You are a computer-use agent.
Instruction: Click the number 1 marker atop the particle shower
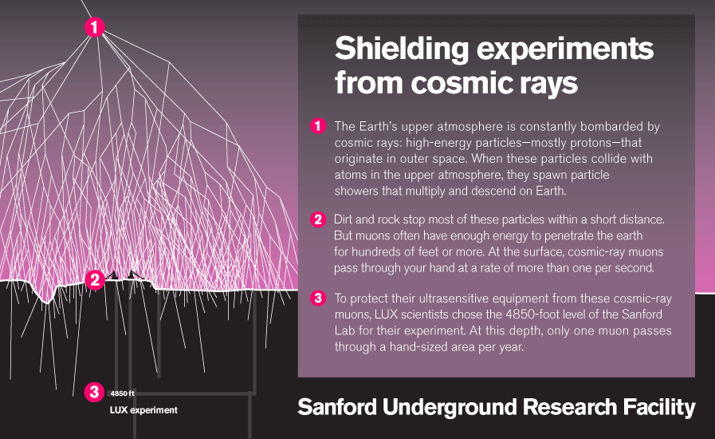coord(94,27)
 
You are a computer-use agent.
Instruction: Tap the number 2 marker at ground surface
coord(95,279)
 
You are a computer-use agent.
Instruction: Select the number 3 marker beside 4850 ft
coord(94,392)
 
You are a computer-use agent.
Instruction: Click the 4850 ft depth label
coord(122,394)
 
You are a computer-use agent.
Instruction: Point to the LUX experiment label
coord(143,410)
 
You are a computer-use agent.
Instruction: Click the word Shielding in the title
coord(402,49)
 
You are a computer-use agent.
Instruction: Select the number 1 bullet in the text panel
coord(318,125)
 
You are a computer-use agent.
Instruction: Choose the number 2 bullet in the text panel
coord(318,219)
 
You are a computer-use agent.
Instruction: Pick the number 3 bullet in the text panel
coord(318,299)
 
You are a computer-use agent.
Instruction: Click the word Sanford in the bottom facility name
coord(337,406)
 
